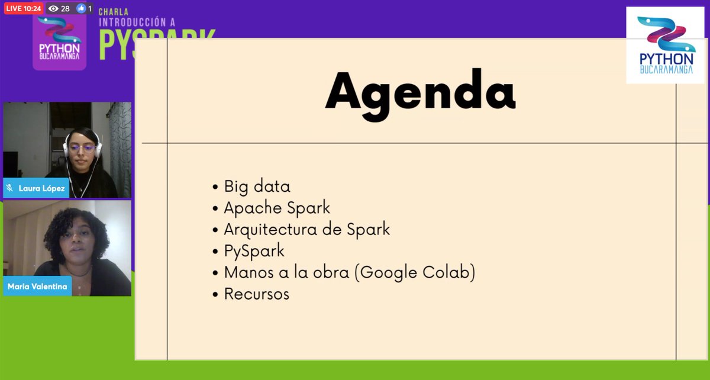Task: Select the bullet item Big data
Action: tap(257, 186)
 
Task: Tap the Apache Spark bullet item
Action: tap(277, 208)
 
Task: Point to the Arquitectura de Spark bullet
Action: tap(306, 229)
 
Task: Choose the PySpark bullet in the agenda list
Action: tap(254, 250)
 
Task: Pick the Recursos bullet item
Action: tap(256, 294)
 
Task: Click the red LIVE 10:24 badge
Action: tap(24, 8)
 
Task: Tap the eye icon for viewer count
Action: tap(53, 8)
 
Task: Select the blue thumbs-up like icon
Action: tap(81, 8)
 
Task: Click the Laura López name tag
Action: tap(41, 189)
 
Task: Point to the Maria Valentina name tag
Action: tap(37, 287)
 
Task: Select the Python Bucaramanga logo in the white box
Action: tap(666, 46)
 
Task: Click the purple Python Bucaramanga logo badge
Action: tap(59, 41)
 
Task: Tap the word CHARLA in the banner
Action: tap(114, 11)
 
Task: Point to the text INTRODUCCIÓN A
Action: tap(137, 22)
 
